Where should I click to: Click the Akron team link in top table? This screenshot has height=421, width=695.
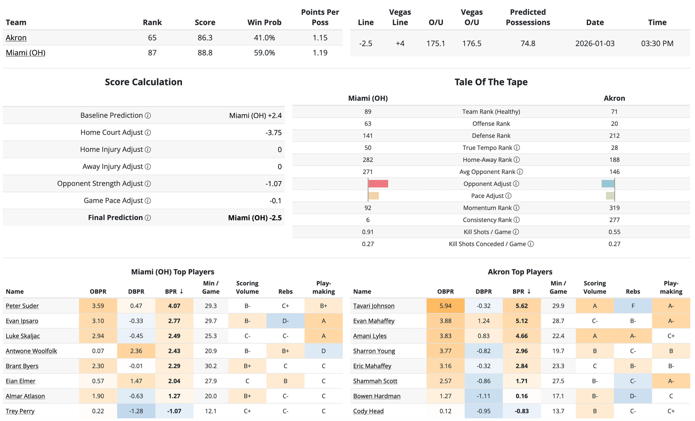click(16, 38)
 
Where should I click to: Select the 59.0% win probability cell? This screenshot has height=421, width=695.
click(264, 53)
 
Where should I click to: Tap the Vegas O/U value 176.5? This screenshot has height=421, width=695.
click(472, 43)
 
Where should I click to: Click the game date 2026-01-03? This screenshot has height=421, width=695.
click(595, 43)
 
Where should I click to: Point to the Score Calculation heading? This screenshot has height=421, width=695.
click(143, 82)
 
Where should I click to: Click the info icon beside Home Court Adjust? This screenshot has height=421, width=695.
click(148, 133)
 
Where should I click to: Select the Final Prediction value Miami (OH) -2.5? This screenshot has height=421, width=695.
click(254, 218)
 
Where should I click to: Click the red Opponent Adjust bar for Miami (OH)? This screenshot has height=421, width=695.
click(378, 184)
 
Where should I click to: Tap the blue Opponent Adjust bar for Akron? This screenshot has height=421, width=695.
click(608, 184)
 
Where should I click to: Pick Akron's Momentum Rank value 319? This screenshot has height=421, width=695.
click(614, 208)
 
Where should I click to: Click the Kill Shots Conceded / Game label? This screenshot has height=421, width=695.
click(487, 244)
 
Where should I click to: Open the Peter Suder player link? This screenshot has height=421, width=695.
click(22, 306)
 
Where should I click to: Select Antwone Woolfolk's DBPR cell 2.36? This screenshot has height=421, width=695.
click(136, 351)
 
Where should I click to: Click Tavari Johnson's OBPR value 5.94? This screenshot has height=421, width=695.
click(445, 306)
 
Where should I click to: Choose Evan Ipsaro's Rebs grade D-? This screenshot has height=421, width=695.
click(285, 321)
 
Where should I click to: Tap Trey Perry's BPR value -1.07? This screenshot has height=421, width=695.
click(174, 411)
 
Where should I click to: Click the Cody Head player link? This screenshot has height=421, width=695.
click(368, 411)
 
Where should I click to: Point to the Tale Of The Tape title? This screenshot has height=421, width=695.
click(491, 82)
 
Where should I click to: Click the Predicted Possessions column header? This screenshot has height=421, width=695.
click(528, 17)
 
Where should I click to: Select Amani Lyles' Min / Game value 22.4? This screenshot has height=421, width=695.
click(558, 336)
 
